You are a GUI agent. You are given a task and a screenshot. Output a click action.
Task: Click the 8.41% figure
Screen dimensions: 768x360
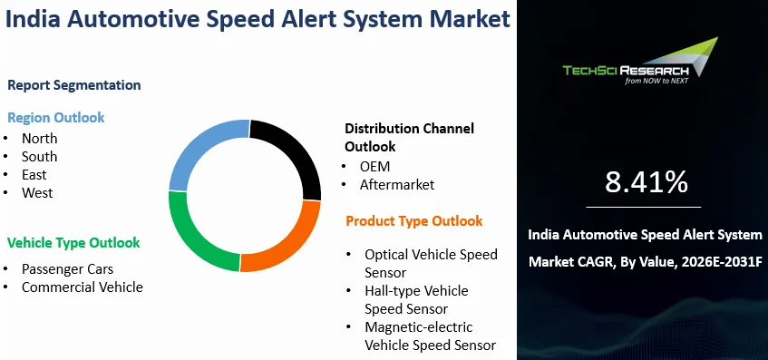click(x=646, y=182)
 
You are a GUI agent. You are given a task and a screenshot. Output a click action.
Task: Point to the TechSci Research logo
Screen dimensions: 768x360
click(x=640, y=62)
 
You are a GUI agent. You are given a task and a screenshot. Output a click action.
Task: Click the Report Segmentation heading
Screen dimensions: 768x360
click(x=74, y=85)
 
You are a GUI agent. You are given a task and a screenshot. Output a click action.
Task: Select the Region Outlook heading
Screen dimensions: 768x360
click(x=56, y=118)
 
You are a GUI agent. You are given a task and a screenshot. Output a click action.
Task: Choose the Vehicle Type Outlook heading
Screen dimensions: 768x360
click(x=73, y=243)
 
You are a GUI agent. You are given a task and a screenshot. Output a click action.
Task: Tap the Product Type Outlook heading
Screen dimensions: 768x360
click(x=414, y=221)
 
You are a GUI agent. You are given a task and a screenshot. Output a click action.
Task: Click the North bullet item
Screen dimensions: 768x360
click(x=39, y=139)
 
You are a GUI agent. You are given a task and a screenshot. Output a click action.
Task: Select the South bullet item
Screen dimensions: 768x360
click(x=39, y=157)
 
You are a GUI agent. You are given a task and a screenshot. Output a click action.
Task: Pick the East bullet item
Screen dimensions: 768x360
click(x=34, y=175)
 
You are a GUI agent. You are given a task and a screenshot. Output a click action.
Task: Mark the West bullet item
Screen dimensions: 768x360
click(x=37, y=193)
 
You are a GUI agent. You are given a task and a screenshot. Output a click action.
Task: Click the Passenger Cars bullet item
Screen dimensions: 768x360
click(x=67, y=269)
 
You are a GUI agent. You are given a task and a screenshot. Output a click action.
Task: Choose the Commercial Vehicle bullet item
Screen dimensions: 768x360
click(x=83, y=287)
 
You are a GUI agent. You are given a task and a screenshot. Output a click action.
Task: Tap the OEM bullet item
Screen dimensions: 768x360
click(x=375, y=167)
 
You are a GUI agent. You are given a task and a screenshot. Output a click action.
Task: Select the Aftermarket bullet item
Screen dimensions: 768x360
click(x=397, y=185)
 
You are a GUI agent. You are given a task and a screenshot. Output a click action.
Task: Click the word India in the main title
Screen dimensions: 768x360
click(x=33, y=19)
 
